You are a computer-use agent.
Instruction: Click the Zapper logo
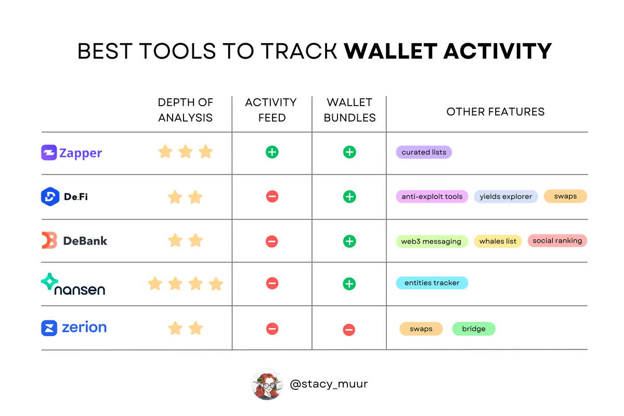pos(72,153)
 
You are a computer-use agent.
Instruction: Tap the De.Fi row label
pos(64,197)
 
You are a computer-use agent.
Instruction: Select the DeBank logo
pos(74,240)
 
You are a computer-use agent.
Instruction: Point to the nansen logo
pos(73,284)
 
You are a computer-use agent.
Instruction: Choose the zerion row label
pos(74,328)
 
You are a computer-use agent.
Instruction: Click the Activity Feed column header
pos(271,110)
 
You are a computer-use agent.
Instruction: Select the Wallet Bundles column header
pos(349,110)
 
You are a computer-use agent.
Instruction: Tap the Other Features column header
pos(495,112)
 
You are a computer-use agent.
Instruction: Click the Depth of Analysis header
pos(186,110)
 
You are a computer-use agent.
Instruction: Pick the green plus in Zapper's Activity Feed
pos(272,152)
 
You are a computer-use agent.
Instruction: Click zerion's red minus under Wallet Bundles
pos(349,330)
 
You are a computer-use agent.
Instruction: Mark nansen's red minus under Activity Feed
pos(272,283)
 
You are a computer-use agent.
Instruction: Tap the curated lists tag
pos(424,152)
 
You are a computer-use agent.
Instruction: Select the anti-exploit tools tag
pos(432,197)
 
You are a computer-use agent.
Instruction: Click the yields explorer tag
pos(506,197)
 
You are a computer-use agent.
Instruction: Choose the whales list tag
pos(498,241)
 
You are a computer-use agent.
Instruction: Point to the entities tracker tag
pos(432,283)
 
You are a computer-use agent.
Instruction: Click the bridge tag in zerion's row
pos(474,329)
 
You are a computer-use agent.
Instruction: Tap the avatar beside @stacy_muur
pos(267,384)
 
